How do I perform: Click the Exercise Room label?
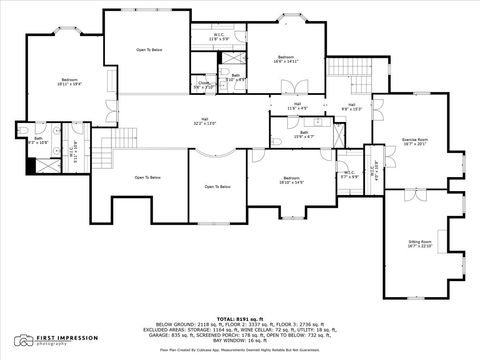(415, 141)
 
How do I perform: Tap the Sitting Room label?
(419, 244)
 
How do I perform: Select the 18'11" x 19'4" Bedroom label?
(69, 82)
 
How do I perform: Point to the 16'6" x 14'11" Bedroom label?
(286, 60)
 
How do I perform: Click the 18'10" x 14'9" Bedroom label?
(290, 180)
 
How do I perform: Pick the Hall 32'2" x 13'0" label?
(204, 121)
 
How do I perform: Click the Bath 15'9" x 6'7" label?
(303, 134)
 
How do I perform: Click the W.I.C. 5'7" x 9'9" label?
(348, 175)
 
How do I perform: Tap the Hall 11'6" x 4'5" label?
(298, 106)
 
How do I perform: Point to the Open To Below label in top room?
(149, 49)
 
